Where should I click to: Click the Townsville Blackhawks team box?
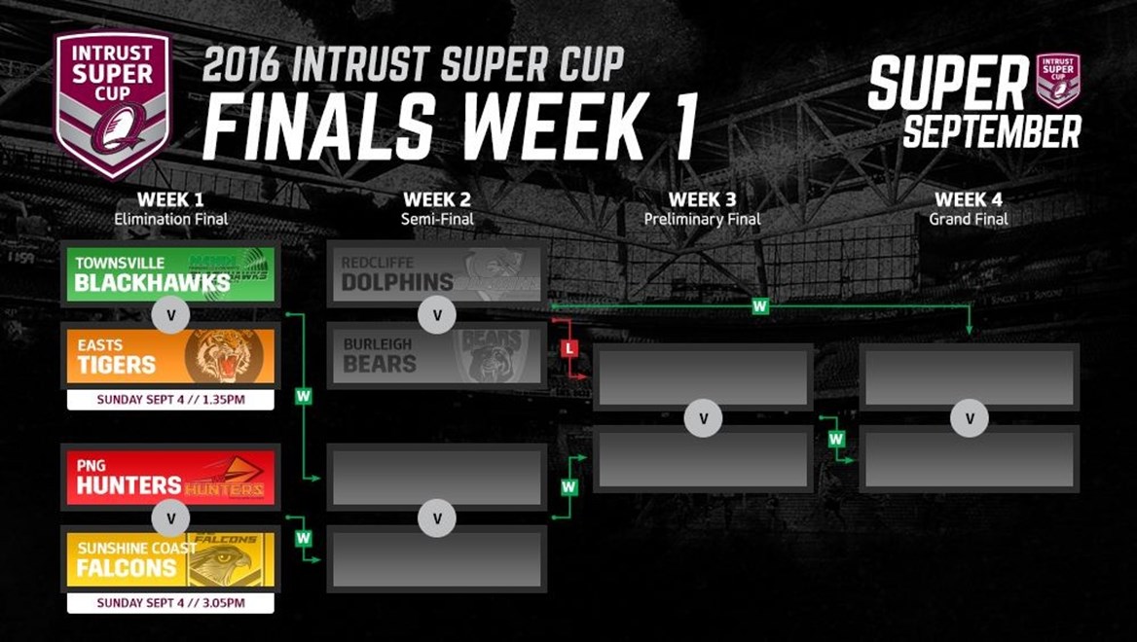pos(170,274)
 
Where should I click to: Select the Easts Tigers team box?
pos(170,356)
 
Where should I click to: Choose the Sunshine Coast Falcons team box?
pos(170,559)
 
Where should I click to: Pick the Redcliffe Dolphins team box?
pos(436,274)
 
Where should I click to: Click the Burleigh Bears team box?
pos(436,356)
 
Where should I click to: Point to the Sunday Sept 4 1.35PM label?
pos(170,400)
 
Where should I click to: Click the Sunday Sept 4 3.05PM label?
pos(170,603)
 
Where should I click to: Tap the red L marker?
pos(569,348)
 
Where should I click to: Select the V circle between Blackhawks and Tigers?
pos(171,315)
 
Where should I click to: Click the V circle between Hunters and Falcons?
pos(171,518)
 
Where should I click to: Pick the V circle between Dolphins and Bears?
pos(437,315)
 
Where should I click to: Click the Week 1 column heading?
pos(170,199)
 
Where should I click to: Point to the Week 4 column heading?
pos(969,199)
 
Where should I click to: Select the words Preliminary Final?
pos(703,219)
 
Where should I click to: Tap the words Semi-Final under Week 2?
pos(437,219)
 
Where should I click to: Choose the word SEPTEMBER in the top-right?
pos(992,132)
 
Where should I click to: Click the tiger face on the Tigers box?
pos(221,356)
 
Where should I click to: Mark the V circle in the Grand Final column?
pos(970,418)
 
